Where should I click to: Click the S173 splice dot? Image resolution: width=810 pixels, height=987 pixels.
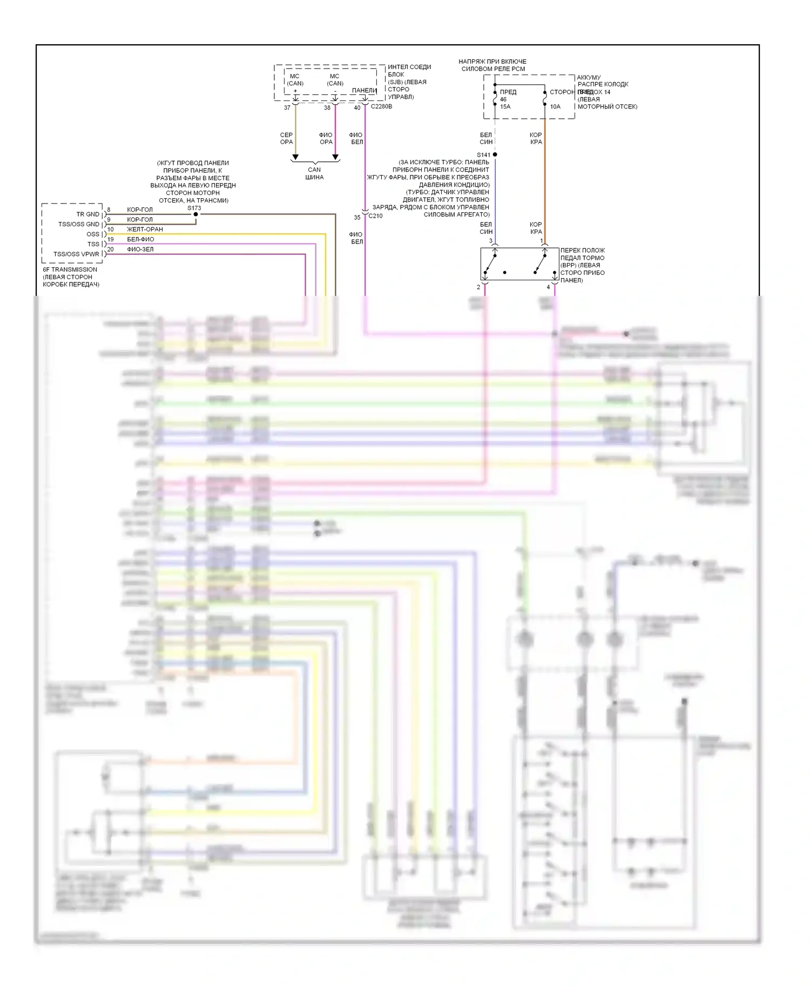pos(195,214)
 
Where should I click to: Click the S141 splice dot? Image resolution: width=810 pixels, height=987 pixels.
pos(495,154)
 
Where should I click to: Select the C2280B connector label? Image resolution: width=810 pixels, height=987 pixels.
pos(381,107)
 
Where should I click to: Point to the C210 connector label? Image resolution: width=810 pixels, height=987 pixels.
pos(375,216)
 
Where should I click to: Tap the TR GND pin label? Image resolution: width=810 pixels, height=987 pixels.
pos(87,214)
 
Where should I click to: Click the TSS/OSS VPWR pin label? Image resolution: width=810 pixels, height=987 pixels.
pos(76,254)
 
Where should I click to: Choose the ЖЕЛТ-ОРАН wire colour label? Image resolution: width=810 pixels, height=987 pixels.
pos(145,229)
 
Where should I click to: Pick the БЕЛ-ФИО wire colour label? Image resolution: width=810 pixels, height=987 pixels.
pos(140,239)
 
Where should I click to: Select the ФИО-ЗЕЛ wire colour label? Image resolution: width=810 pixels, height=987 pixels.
pos(140,249)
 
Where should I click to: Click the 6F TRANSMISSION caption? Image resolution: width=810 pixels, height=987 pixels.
pos(70,269)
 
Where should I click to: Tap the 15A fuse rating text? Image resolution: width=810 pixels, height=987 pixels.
pos(505,107)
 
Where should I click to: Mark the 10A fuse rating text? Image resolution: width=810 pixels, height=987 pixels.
pos(555,107)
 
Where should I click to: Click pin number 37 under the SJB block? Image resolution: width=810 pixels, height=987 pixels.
pos(287,108)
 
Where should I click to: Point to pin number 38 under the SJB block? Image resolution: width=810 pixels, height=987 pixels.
pos(327,108)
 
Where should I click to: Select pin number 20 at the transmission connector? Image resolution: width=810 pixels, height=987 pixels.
pos(111,249)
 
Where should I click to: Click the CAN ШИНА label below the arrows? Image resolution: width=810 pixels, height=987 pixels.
pos(314,173)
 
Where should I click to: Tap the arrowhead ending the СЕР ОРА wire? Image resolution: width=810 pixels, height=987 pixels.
pos(295,158)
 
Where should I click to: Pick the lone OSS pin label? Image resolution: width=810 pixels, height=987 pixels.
pos(93,234)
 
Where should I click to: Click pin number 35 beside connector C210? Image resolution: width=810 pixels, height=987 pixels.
pos(357,218)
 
